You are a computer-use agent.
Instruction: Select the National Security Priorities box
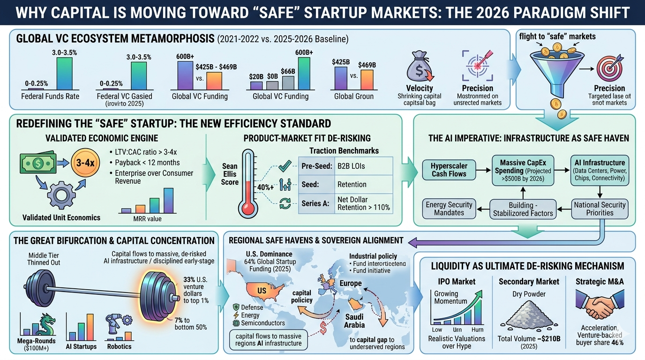tap(600, 209)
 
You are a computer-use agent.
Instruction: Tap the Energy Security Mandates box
tap(449, 209)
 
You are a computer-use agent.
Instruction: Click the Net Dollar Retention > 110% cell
tap(363, 203)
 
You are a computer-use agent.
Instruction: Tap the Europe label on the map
tap(351, 283)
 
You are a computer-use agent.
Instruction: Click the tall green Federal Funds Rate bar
tap(64, 73)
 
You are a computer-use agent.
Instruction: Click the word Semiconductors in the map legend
tap(262, 323)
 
